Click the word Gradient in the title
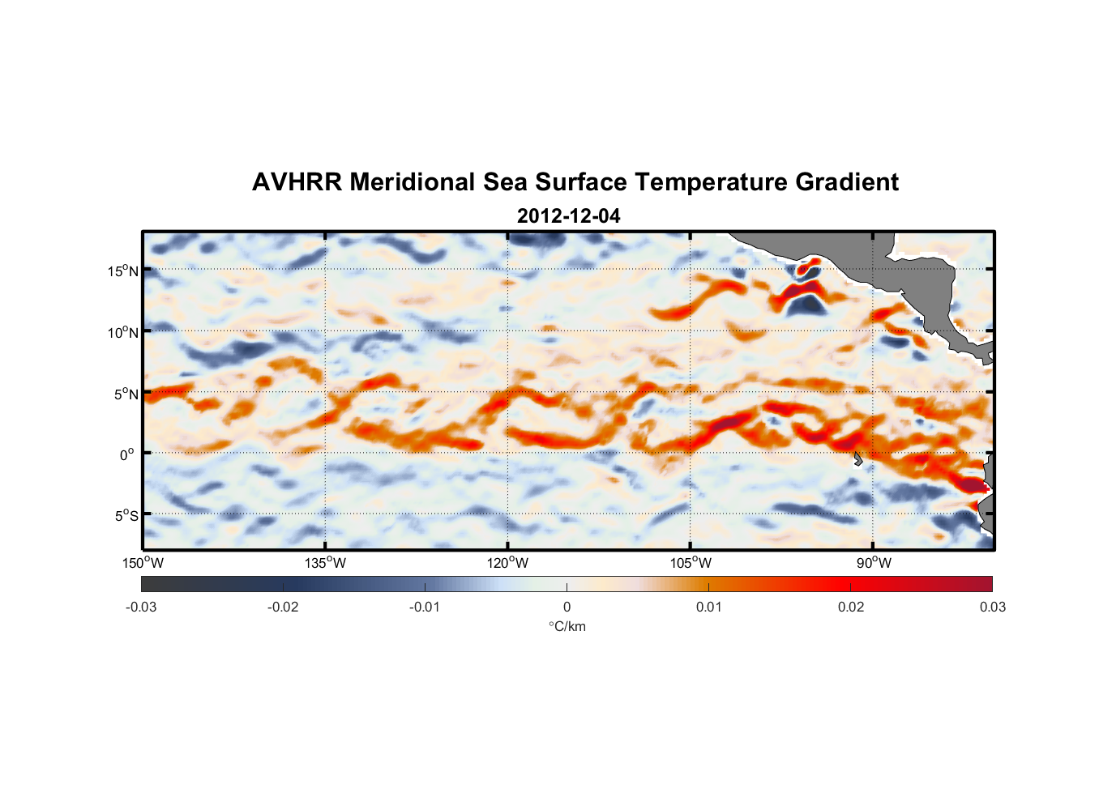[x=847, y=182]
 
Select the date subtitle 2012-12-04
[x=568, y=216]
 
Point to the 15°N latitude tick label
[x=122, y=271]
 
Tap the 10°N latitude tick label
[x=122, y=332]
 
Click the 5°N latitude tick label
[x=126, y=394]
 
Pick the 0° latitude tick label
[x=127, y=454]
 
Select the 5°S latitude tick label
[x=126, y=516]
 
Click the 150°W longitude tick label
[x=143, y=563]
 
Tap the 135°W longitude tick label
[x=326, y=563]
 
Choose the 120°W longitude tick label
[x=508, y=563]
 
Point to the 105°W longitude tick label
[x=691, y=563]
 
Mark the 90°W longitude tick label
[x=874, y=563]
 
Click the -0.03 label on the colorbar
[x=141, y=607]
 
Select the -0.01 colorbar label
[x=425, y=607]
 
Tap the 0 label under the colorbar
[x=567, y=607]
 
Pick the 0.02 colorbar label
[x=851, y=607]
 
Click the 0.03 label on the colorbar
[x=992, y=607]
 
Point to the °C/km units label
[x=567, y=626]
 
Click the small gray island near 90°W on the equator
[x=857, y=459]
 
